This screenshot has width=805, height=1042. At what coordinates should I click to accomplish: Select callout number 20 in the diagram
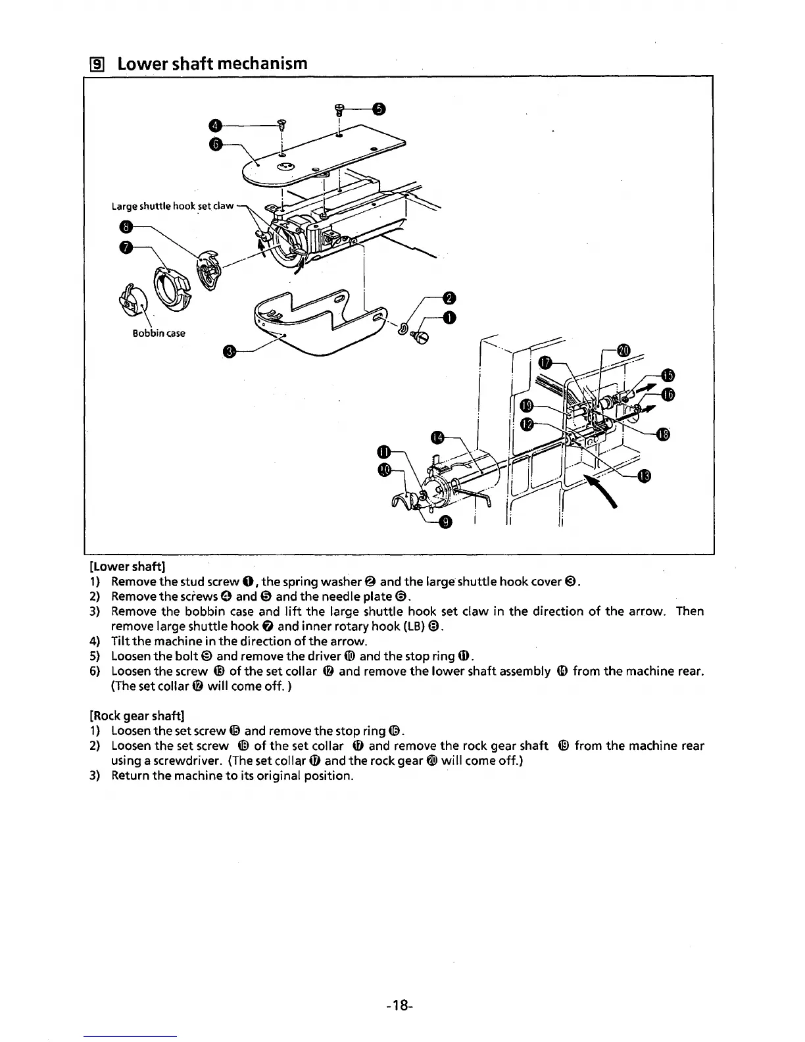623,350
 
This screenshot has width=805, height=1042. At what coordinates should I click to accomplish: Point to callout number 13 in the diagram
645,477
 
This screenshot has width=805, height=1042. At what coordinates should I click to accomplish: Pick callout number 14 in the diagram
439,438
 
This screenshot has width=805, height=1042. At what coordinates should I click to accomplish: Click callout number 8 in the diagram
125,227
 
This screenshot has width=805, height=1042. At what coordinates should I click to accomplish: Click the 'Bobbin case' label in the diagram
159,333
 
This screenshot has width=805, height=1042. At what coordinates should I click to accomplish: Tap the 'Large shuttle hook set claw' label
172,206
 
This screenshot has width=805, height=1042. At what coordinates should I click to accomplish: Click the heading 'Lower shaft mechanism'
211,63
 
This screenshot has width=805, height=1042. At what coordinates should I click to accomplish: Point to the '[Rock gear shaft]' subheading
136,715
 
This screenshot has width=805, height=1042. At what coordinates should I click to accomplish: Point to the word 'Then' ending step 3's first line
689,612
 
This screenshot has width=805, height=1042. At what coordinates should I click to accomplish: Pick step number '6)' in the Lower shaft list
95,672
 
